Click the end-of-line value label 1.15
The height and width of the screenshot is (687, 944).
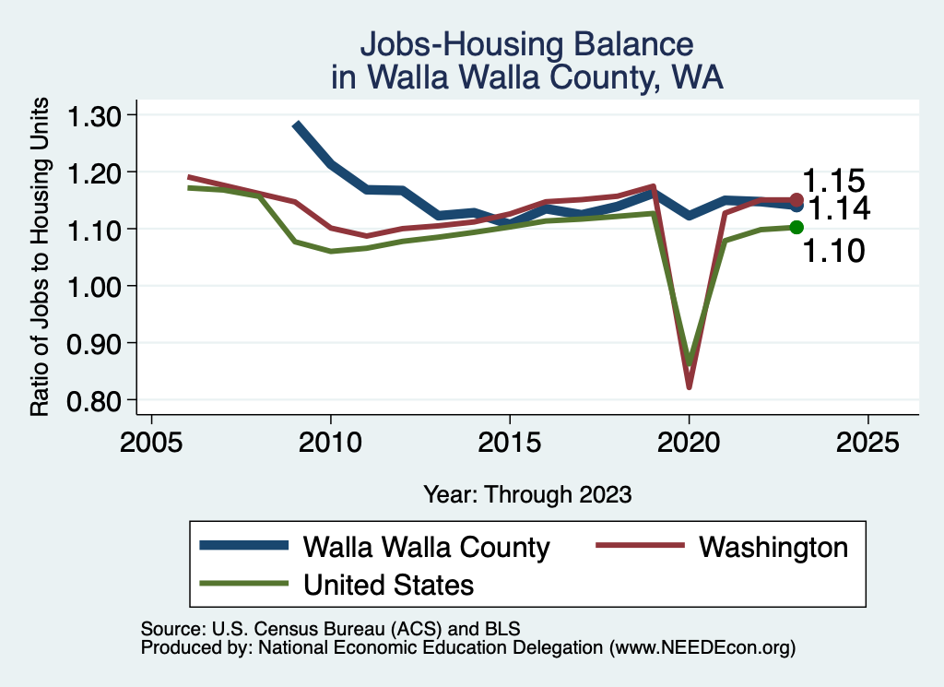click(833, 181)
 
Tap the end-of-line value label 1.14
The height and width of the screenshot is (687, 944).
click(840, 209)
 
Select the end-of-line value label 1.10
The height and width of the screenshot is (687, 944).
click(833, 250)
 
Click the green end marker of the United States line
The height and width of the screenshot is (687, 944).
click(796, 228)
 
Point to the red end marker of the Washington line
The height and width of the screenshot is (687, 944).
click(796, 200)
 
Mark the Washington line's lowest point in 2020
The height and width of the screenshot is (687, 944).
click(689, 386)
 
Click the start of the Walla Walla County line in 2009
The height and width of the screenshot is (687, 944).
click(296, 124)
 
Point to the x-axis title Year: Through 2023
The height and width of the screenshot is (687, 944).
click(527, 494)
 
